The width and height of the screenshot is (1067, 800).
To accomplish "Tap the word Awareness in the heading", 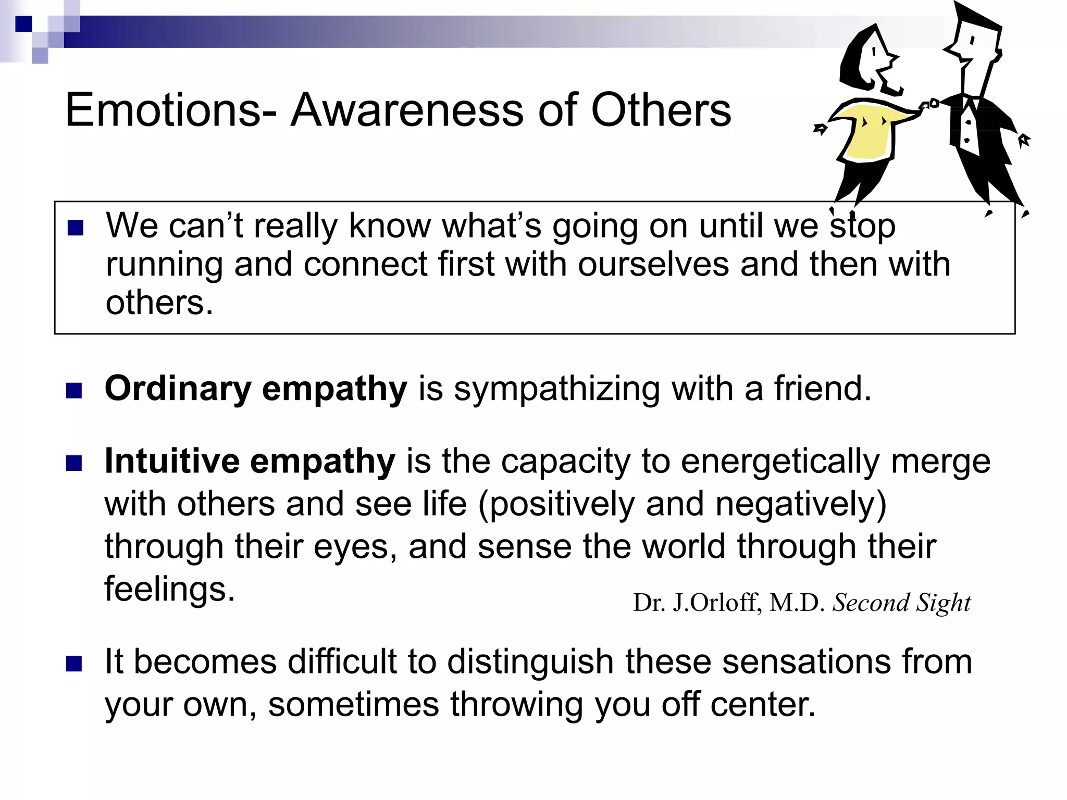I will pos(407,110).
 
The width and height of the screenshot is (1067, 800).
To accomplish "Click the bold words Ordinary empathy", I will pos(255,390).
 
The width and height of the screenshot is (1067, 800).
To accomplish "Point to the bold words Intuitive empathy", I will pos(250,462).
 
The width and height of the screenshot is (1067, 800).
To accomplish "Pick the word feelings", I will pos(169,589).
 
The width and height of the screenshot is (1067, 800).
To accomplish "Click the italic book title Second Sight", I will pos(901,603).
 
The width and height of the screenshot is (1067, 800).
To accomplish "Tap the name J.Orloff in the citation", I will pos(717,603).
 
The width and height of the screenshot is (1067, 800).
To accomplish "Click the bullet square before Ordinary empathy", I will pos(75,391).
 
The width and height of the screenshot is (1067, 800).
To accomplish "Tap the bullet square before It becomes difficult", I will pos(75,664).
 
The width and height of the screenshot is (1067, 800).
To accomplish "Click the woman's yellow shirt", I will pos(867,133).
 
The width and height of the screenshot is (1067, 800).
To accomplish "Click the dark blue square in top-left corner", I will pos(23,23).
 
